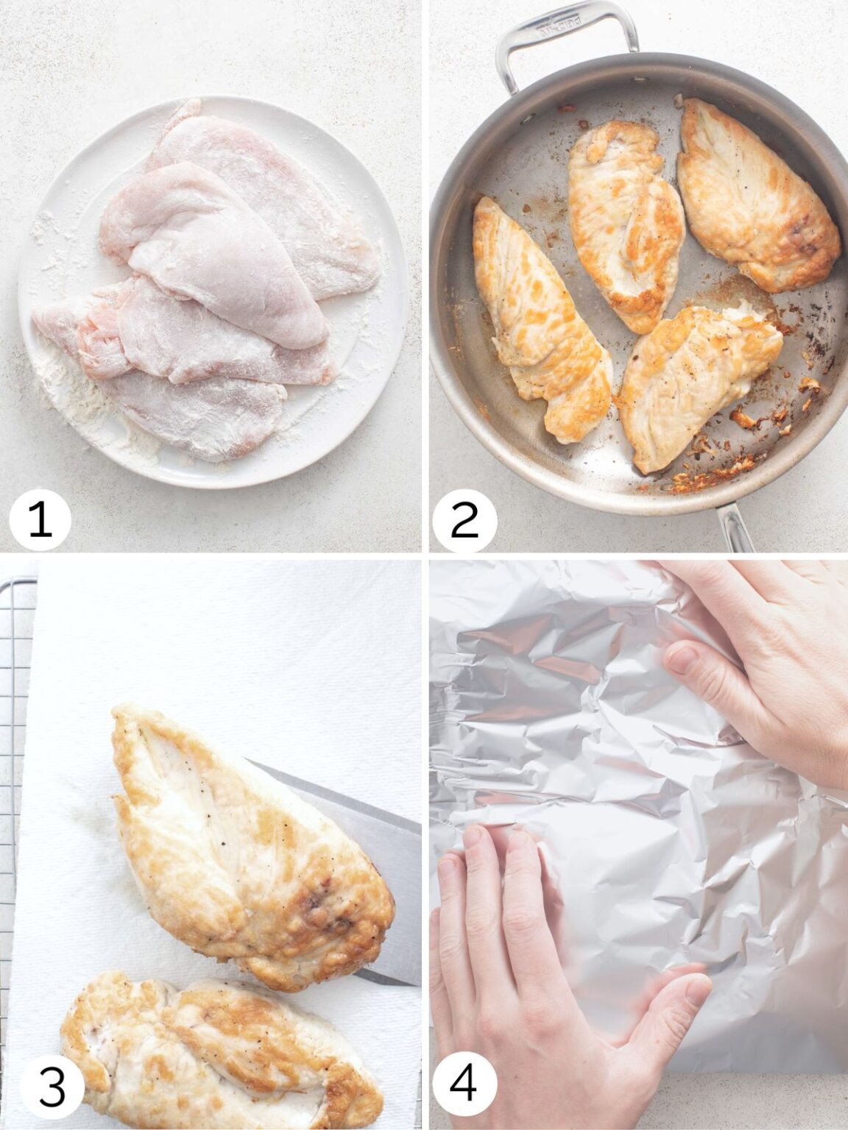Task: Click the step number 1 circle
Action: point(40,519)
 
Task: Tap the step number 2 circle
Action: point(464,519)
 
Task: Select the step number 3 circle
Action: point(51,1087)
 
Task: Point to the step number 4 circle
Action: point(463,1087)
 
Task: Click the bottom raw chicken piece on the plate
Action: point(199,412)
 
